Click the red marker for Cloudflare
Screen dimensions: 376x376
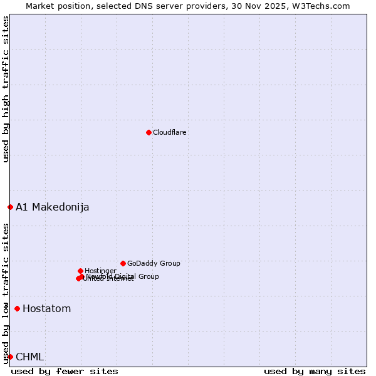[149, 132]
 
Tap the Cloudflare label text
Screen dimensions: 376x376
[170, 132]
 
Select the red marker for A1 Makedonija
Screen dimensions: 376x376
[10, 207]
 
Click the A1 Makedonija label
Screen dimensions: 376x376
[53, 207]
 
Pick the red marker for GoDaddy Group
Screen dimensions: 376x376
[123, 263]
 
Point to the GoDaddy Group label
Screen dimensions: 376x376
[154, 263]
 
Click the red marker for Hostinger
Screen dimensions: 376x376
[80, 271]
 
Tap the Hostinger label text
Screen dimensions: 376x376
[100, 271]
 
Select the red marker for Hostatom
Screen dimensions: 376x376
[17, 308]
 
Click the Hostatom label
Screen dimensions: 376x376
[47, 308]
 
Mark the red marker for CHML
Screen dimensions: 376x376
[10, 357]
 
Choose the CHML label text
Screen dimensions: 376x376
[30, 357]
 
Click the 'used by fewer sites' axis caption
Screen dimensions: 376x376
[65, 371]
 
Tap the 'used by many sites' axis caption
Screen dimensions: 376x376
[315, 371]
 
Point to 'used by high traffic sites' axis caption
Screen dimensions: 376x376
[6, 89]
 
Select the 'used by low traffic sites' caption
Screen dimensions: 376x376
[6, 293]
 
